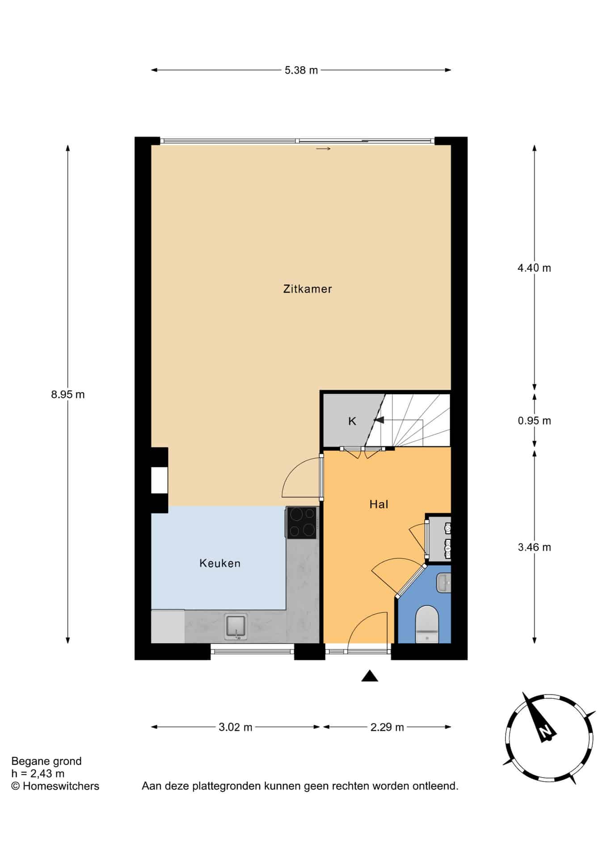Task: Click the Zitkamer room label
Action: (308, 289)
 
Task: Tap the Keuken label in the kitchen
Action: (220, 564)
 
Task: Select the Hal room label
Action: (379, 505)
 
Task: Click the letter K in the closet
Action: (352, 421)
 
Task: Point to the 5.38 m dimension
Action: (301, 70)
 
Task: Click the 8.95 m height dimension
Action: (68, 395)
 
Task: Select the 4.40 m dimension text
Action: (534, 268)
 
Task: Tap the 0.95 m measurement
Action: (534, 421)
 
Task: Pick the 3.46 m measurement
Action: (534, 547)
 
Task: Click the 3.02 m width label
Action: (236, 728)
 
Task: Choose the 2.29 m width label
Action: (387, 728)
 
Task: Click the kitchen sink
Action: (236, 627)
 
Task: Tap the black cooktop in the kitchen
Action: (302, 522)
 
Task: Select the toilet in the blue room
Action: (427, 625)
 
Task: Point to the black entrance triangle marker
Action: (370, 676)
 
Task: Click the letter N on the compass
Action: (545, 732)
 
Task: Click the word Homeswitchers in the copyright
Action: (61, 786)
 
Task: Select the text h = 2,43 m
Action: (38, 774)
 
